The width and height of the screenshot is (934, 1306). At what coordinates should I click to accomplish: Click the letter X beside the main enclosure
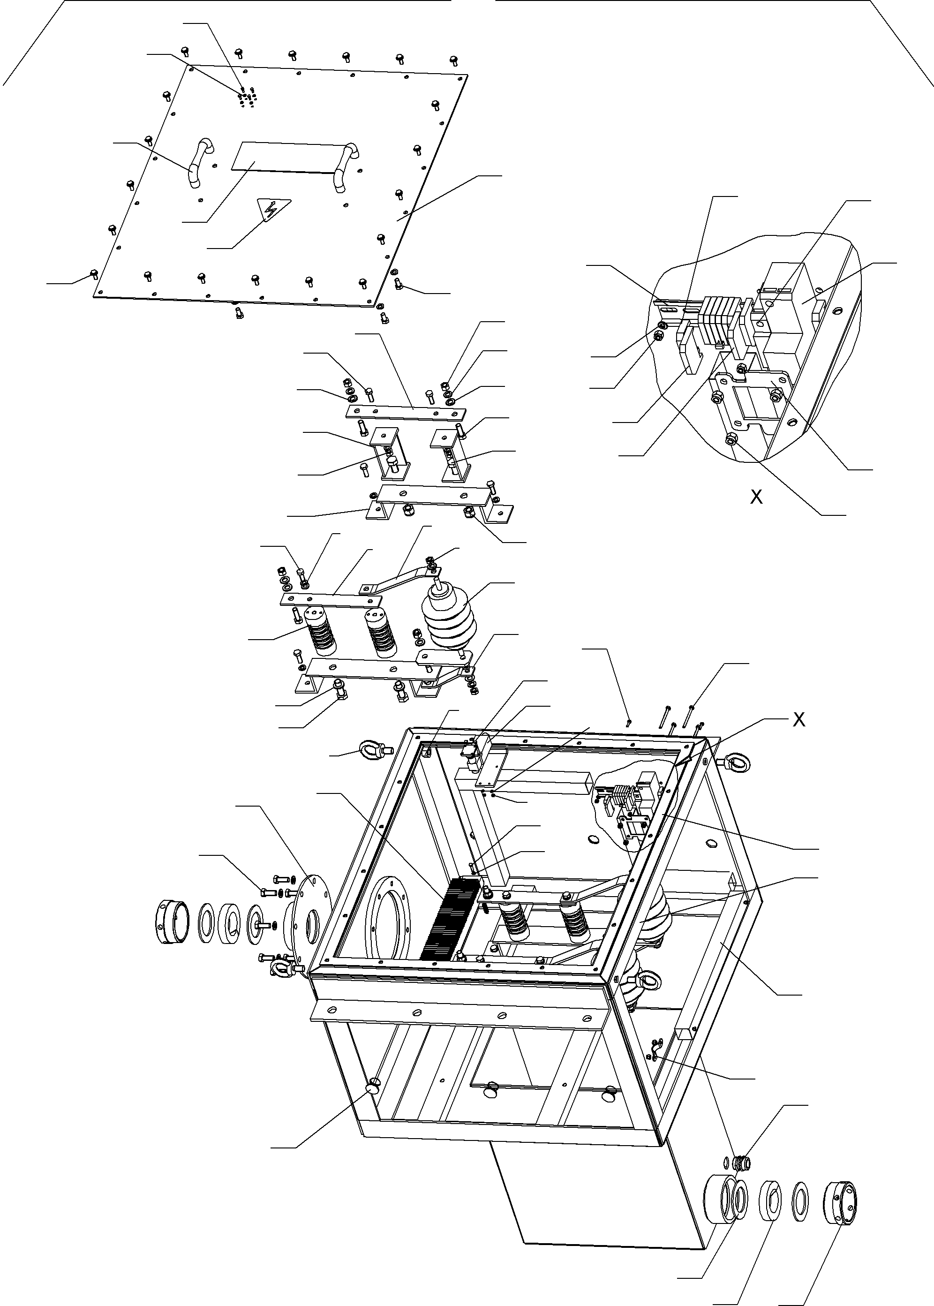tap(799, 719)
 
